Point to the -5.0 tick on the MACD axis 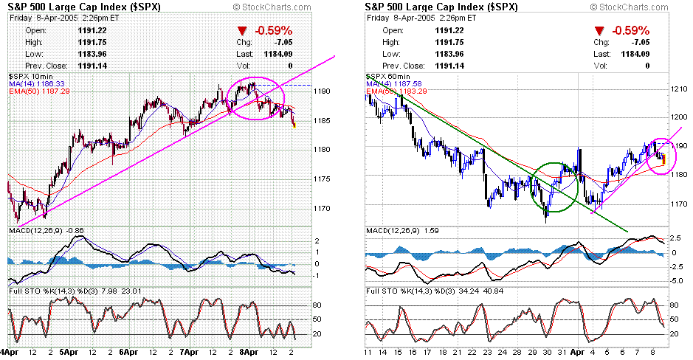pos(675,280)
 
